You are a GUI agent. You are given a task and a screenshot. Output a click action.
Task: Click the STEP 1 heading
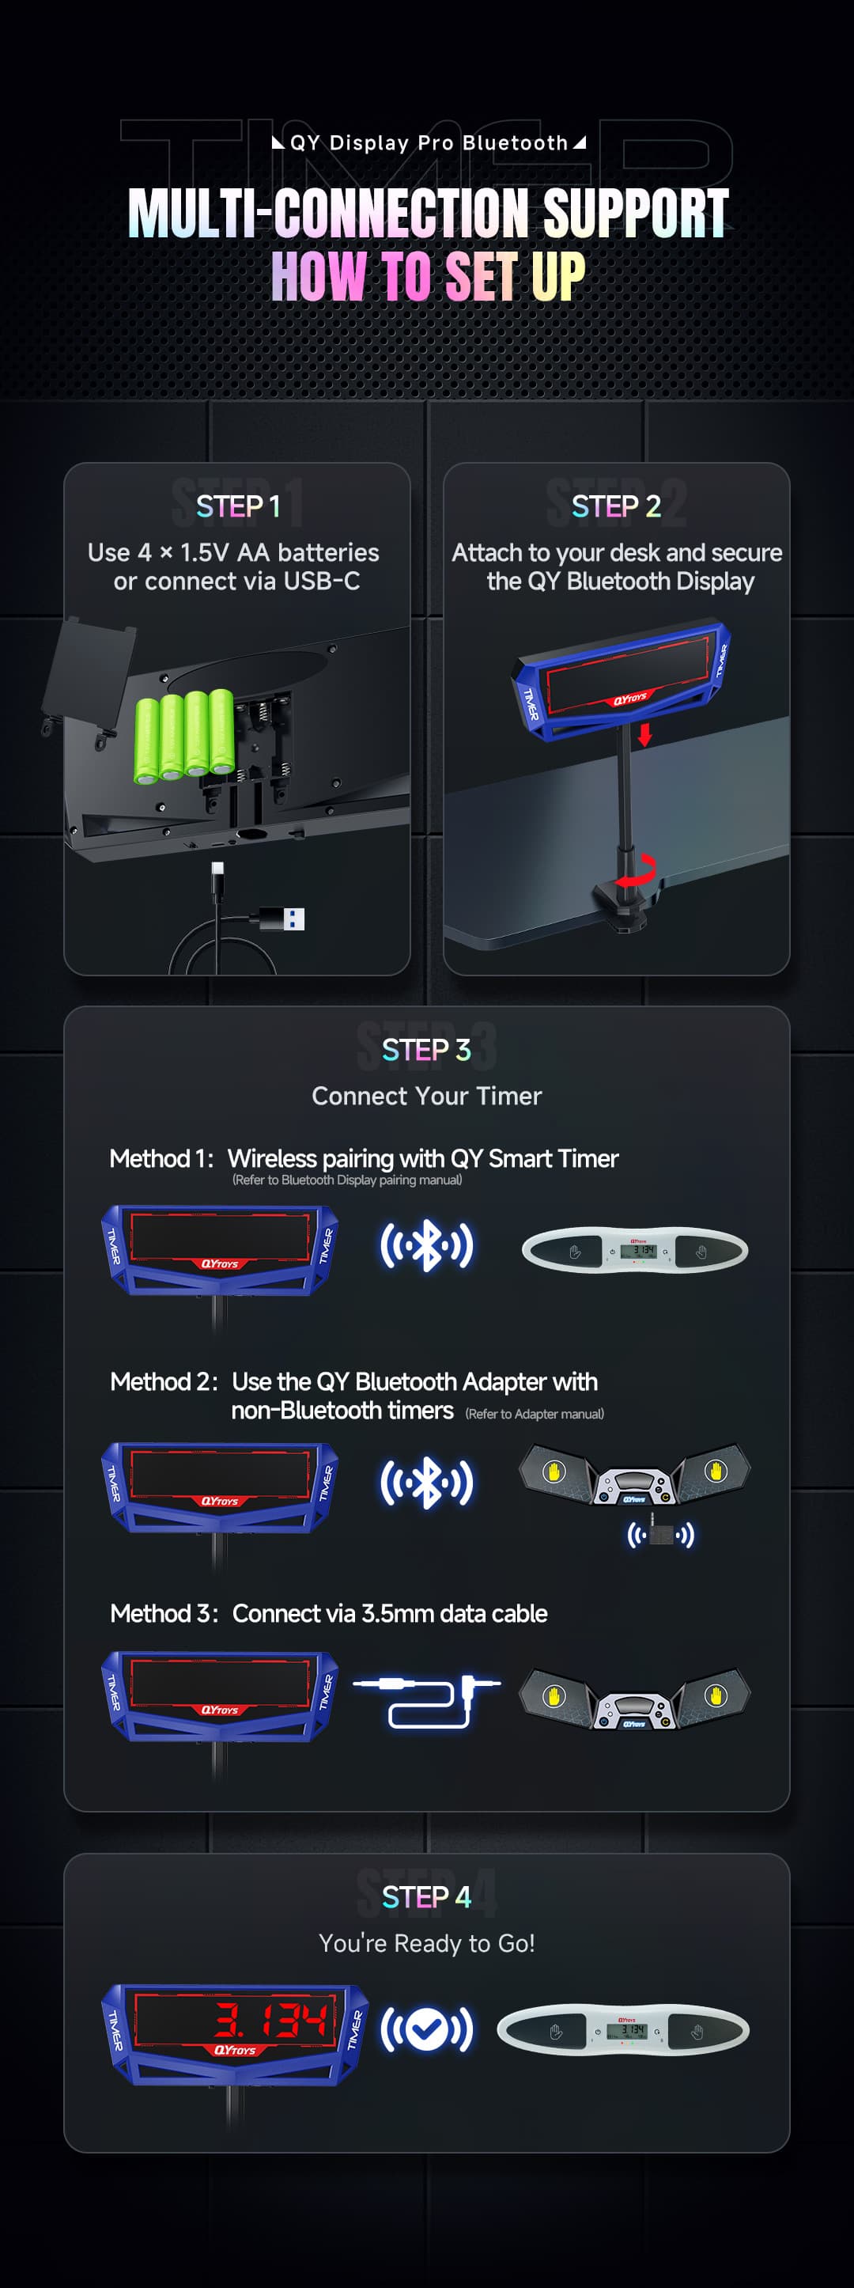(x=237, y=506)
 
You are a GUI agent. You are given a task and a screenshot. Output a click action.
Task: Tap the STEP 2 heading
(x=616, y=506)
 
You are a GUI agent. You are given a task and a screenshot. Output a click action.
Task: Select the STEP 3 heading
(x=426, y=1050)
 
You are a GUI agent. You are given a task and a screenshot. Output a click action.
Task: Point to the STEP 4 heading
(x=426, y=1897)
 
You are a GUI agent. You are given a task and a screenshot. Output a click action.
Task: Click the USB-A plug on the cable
(x=282, y=919)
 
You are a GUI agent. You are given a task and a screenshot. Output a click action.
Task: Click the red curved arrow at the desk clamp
(x=637, y=870)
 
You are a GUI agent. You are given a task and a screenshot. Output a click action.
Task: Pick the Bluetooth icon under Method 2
(x=427, y=1482)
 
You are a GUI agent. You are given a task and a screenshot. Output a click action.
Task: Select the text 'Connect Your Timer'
(x=426, y=1096)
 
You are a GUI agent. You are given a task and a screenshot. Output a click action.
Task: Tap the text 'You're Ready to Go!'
(x=426, y=1943)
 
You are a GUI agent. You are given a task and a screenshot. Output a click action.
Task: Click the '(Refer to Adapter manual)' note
(x=535, y=1414)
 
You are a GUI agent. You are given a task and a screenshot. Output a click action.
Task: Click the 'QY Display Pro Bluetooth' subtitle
(x=428, y=143)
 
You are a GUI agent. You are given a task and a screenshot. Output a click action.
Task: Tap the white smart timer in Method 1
(x=635, y=1251)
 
